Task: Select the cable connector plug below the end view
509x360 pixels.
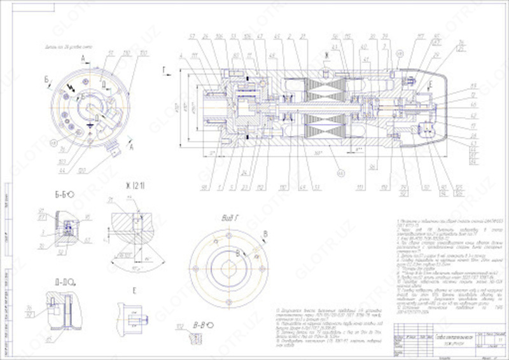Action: pyautogui.click(x=115, y=152)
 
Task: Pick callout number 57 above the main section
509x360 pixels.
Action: pyautogui.click(x=192, y=36)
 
